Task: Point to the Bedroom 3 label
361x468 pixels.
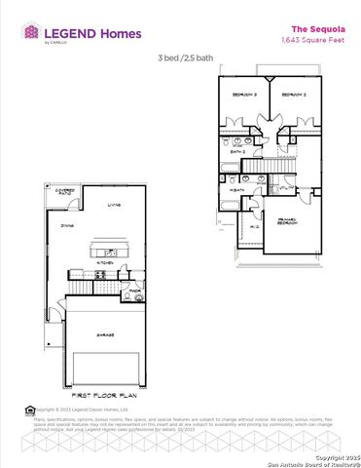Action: (x=243, y=96)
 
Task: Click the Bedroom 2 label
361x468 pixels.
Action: (x=295, y=96)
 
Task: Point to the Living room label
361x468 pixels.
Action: (x=114, y=205)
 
